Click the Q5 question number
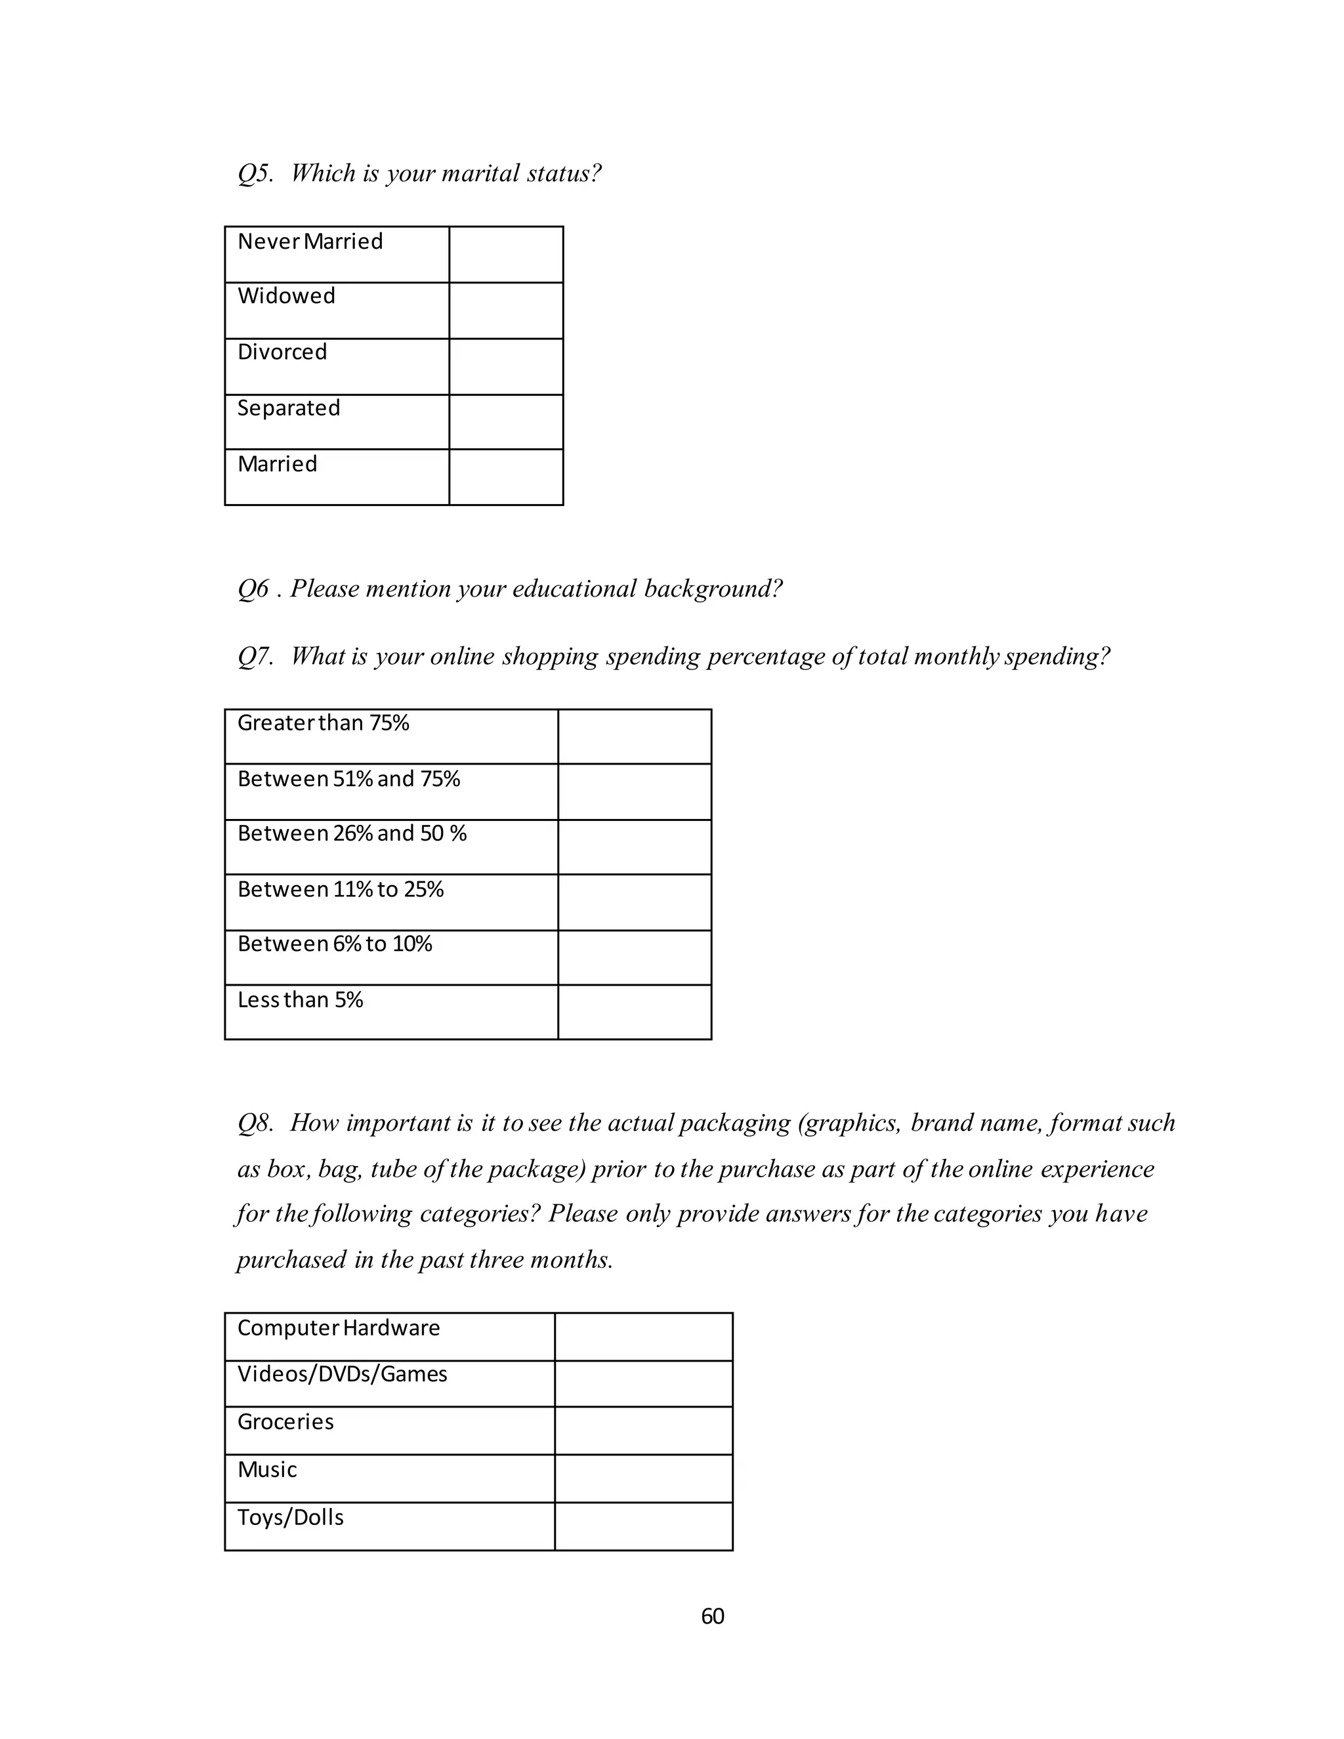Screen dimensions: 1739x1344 255,174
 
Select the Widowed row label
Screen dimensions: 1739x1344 286,296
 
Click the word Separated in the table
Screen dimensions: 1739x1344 288,408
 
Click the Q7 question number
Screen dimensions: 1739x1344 255,656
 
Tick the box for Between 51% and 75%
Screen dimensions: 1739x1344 634,791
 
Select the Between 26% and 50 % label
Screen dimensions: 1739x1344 351,833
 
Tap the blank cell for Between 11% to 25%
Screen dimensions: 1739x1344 634,902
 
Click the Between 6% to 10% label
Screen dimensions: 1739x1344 335,944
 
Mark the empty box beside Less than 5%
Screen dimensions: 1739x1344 634,1012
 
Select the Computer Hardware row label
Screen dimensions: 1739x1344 339,1328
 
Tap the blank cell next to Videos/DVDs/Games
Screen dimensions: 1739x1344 642,1384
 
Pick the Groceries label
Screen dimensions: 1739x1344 285,1422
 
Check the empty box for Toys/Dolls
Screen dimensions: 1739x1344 642,1526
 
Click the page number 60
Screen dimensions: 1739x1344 712,1616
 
